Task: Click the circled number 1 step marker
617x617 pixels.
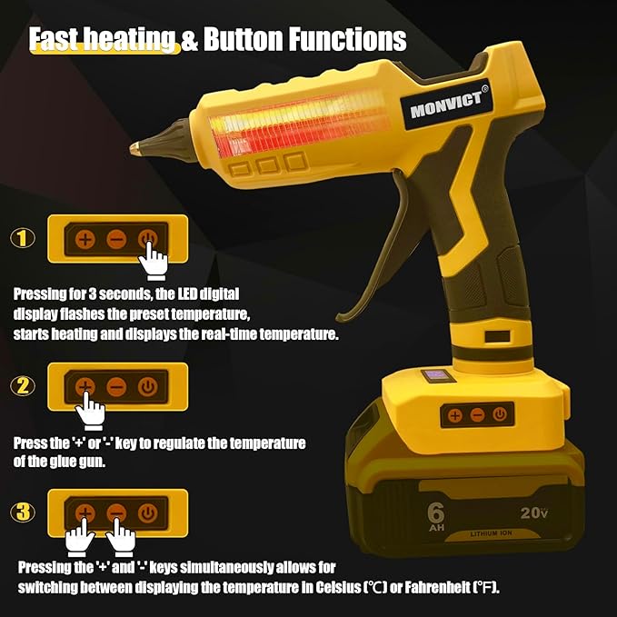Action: (23, 239)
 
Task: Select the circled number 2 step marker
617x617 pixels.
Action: (23, 386)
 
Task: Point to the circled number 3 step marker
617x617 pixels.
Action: (23, 513)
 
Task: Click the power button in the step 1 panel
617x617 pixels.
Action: (146, 240)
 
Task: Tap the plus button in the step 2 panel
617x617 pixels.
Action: (85, 386)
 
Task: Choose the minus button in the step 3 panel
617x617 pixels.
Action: (115, 513)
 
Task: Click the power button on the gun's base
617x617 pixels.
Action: (498, 414)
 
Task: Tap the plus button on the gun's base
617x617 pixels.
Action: (454, 414)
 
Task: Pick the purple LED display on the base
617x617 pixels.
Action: (434, 374)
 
